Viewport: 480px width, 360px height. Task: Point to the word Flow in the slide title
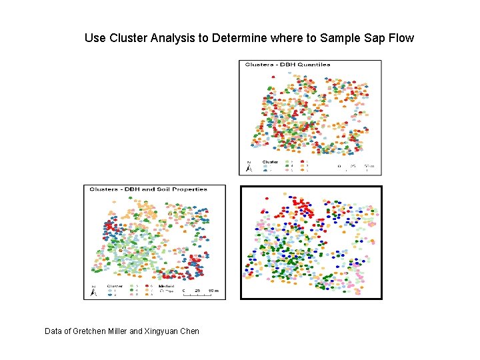click(399, 38)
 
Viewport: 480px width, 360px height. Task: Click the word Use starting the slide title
click(95, 38)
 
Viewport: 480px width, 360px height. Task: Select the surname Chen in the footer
click(189, 331)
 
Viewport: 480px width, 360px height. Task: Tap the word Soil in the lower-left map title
click(157, 189)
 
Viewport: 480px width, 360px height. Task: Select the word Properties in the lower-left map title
click(187, 189)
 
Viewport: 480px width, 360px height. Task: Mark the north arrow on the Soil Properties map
click(93, 291)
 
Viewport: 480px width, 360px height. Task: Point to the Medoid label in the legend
click(166, 286)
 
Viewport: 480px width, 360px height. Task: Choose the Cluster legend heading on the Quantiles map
click(270, 161)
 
